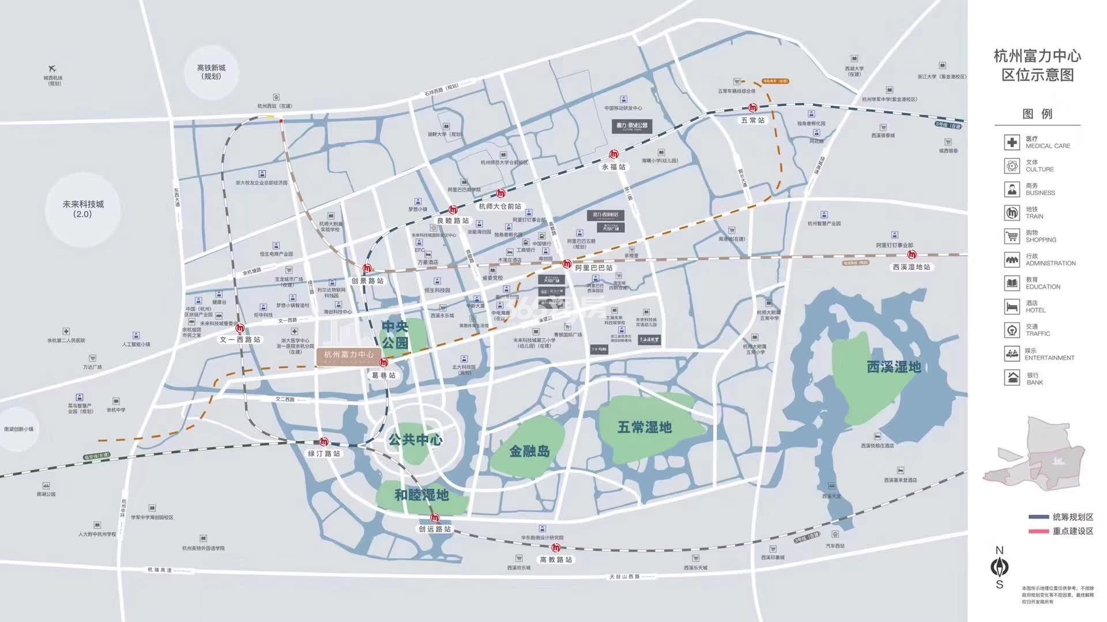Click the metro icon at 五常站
click(x=753, y=108)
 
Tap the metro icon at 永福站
click(x=615, y=154)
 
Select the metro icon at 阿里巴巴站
click(x=567, y=264)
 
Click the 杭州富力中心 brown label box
click(x=349, y=355)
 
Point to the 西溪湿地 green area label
click(x=894, y=367)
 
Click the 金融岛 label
click(x=529, y=452)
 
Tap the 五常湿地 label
click(x=644, y=427)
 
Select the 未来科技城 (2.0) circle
click(x=82, y=208)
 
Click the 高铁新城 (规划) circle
click(x=211, y=72)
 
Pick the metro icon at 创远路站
click(x=435, y=518)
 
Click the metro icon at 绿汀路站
click(x=324, y=442)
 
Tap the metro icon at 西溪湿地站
click(x=912, y=255)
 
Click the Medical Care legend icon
click(x=1012, y=142)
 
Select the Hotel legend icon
click(x=1012, y=306)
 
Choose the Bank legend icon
click(x=1012, y=378)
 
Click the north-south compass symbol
click(x=999, y=567)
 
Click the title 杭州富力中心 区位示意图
click(x=1037, y=65)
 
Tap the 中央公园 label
click(x=395, y=335)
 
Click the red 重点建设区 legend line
click(x=1038, y=531)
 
